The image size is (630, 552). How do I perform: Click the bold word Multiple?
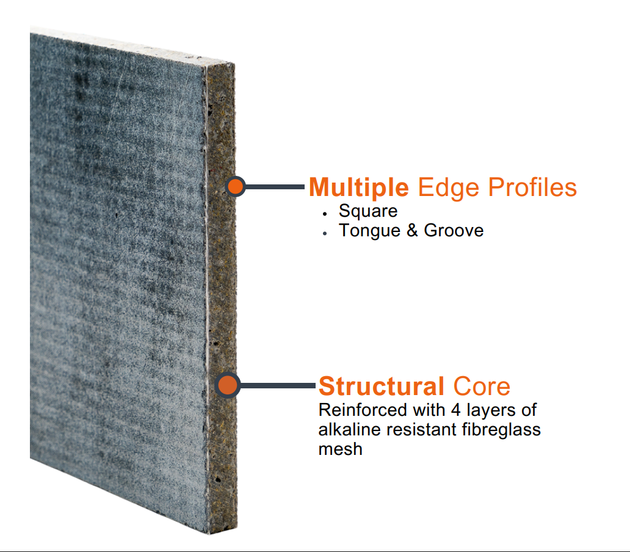tap(359, 187)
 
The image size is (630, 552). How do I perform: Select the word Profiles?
tap(532, 187)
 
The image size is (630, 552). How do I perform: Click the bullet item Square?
tap(368, 211)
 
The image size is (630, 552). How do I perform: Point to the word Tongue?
tap(370, 231)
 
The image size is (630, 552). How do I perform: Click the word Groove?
tap(454, 231)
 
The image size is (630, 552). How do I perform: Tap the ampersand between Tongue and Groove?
tap(412, 231)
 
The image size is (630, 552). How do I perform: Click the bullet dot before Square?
tap(325, 214)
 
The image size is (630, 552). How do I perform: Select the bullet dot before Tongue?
tap(325, 233)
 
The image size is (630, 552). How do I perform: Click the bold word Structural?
tap(382, 387)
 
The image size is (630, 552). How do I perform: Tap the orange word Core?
tap(481, 387)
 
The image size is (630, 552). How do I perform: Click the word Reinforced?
tap(363, 410)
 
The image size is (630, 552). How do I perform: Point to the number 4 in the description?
tap(455, 410)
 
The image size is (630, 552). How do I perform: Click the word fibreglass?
tap(501, 430)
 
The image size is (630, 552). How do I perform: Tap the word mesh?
tap(340, 449)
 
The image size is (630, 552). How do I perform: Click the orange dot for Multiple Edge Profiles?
tap(236, 186)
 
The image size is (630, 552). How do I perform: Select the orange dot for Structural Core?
tap(228, 385)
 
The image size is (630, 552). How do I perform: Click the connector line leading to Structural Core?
tap(278, 386)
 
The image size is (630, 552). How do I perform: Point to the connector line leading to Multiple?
tap(275, 186)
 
